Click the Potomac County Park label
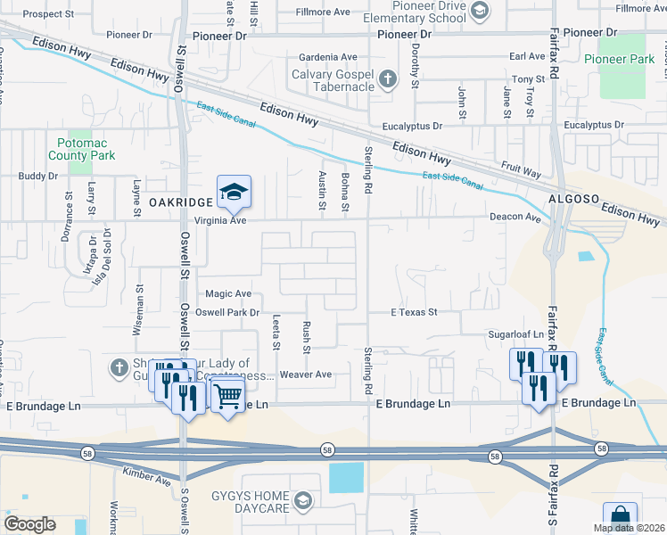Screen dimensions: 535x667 pyautogui.click(x=86, y=149)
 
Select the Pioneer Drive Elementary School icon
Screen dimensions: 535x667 pyautogui.click(x=480, y=11)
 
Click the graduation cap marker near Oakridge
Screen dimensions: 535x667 pyautogui.click(x=234, y=193)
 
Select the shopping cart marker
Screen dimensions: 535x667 pyautogui.click(x=228, y=394)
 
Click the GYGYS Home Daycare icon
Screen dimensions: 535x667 pyautogui.click(x=303, y=502)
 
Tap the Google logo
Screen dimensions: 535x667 pyautogui.click(x=29, y=523)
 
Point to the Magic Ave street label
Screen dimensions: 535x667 pyautogui.click(x=228, y=293)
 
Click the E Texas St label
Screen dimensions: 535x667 pyautogui.click(x=415, y=312)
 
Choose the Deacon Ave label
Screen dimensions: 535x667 pyautogui.click(x=515, y=218)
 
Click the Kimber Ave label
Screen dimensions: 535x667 pyautogui.click(x=148, y=479)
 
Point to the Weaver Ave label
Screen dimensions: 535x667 pyautogui.click(x=305, y=374)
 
